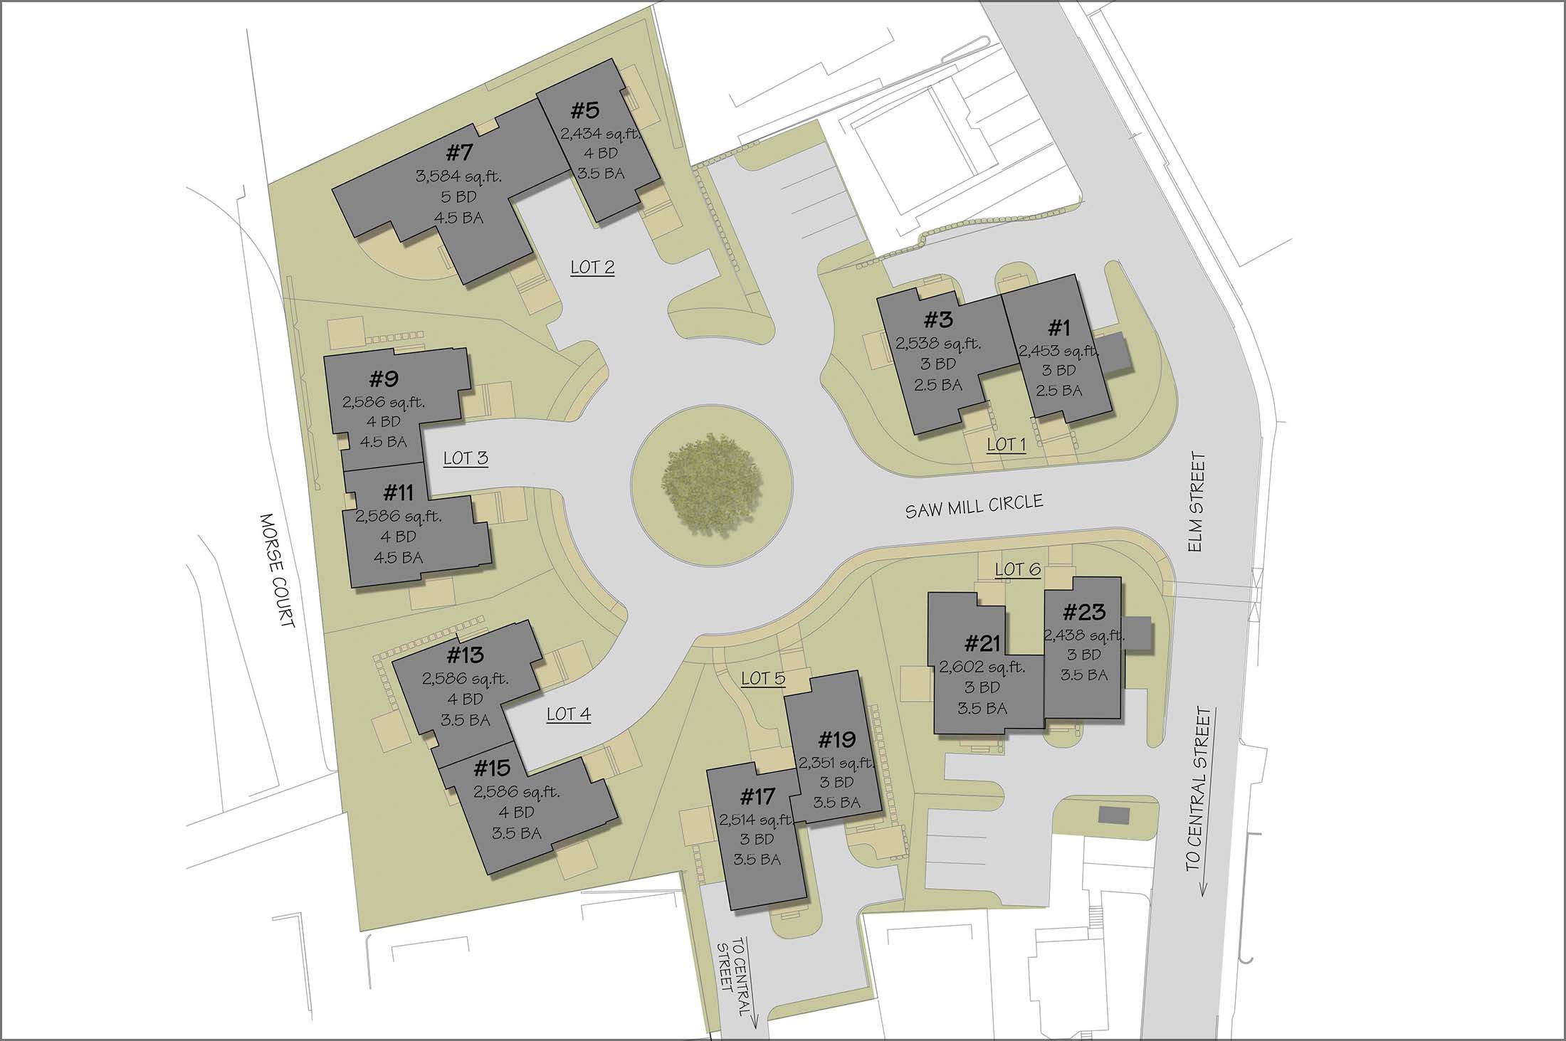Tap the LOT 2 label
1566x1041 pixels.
click(592, 268)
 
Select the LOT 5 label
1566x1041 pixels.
click(763, 678)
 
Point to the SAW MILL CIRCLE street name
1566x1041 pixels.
click(974, 506)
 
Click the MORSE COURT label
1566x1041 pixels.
click(278, 571)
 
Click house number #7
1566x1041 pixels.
click(460, 153)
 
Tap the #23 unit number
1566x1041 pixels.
click(1083, 611)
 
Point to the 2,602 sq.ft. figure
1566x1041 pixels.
click(982, 667)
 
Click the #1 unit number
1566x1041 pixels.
click(1059, 328)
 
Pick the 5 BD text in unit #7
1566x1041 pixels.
click(458, 197)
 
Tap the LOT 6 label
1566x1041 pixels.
click(1017, 569)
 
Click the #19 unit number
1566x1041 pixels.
click(836, 740)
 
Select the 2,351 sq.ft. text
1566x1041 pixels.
click(836, 762)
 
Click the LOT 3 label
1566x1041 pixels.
click(466, 458)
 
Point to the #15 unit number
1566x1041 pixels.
click(492, 768)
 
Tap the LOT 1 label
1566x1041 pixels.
click(1006, 445)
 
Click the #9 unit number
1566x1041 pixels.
click(383, 379)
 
